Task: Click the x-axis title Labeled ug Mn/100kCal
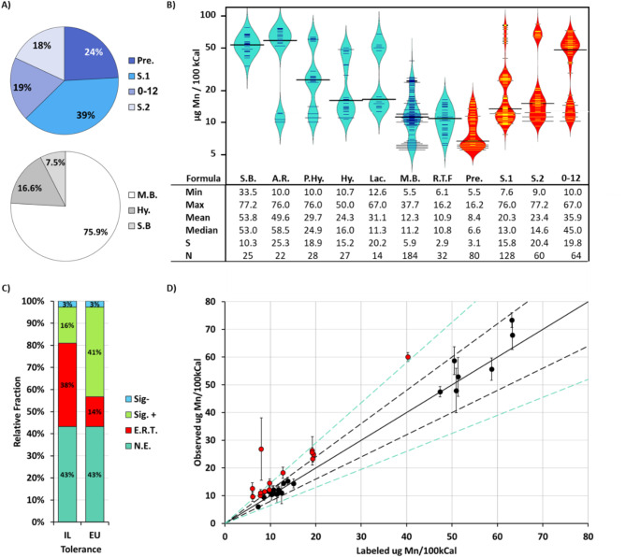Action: pos(406,549)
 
